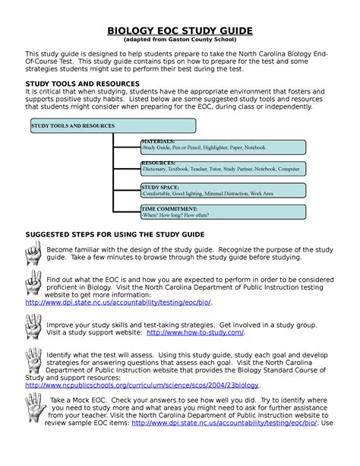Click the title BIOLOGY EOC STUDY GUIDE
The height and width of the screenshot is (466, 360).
point(180,30)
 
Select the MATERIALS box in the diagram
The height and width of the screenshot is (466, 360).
point(223,146)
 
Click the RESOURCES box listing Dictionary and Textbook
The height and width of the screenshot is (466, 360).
point(223,166)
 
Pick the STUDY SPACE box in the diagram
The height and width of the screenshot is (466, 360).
point(223,189)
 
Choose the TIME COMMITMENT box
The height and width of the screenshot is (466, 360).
point(223,211)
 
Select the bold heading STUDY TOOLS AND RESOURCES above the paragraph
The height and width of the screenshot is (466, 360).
point(82,83)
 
